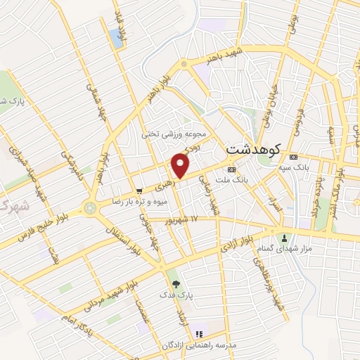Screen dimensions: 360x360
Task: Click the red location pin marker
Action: click(x=181, y=166)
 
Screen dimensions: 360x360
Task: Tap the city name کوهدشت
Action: click(x=254, y=150)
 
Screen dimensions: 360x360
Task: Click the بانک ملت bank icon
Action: click(x=231, y=170)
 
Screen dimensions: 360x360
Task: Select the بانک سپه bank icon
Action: click(x=293, y=156)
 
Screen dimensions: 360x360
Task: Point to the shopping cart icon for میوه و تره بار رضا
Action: click(x=139, y=190)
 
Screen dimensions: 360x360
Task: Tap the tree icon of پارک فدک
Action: click(x=176, y=284)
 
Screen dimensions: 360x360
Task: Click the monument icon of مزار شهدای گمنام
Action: click(x=284, y=238)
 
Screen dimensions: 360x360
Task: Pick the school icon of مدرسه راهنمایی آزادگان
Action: click(x=198, y=333)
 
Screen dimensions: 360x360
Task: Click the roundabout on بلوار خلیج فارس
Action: click(x=90, y=208)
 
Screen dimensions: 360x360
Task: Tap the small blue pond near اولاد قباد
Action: click(x=115, y=37)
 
